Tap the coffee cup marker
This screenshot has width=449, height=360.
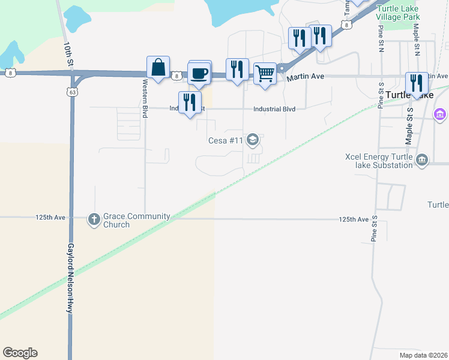[200, 73]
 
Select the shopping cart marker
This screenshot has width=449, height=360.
[265, 74]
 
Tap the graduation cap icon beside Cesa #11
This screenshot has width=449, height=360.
[253, 140]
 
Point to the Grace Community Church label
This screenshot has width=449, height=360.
[136, 220]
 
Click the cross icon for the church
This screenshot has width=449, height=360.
[94, 220]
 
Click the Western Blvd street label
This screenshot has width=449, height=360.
[144, 100]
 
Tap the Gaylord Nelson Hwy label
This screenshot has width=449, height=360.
[70, 278]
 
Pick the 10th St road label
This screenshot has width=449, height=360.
[70, 54]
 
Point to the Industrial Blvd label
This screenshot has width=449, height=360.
[274, 109]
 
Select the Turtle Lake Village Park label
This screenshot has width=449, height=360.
[398, 13]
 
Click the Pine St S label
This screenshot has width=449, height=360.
[374, 229]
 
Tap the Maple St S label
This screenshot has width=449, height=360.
[409, 126]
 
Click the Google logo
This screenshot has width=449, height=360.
[20, 353]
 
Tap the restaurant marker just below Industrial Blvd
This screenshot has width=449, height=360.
[189, 103]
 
